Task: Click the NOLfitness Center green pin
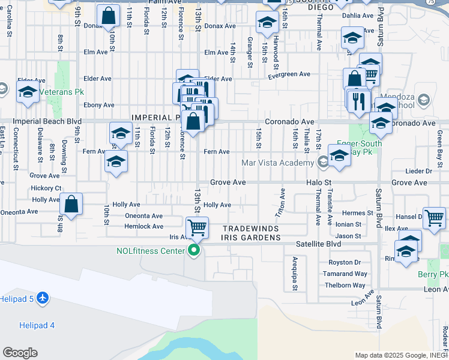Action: (193, 251)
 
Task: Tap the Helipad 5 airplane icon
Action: (42, 298)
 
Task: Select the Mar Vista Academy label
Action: (277, 163)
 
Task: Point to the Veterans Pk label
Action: (60, 92)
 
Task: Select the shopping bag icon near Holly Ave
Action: (71, 204)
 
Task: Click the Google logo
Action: (20, 353)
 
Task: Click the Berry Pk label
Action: (433, 274)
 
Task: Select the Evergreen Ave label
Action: (289, 74)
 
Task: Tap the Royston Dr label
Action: (345, 263)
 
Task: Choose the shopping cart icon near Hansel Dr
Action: (434, 219)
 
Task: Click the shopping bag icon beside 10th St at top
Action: (108, 17)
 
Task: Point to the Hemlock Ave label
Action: (143, 227)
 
